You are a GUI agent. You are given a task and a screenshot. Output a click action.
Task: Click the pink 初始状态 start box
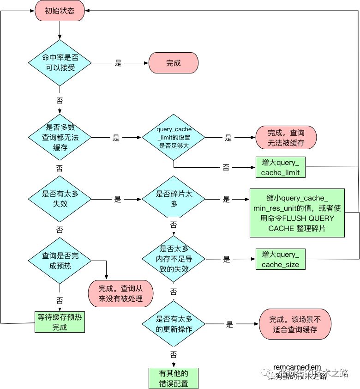60,10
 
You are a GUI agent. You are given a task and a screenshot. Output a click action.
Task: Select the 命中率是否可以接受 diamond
60,63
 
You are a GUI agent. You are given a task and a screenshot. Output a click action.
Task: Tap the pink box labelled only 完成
173,63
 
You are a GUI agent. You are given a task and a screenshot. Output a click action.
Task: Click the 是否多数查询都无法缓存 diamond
60,137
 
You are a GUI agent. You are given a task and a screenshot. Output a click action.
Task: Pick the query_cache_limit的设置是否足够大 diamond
174,137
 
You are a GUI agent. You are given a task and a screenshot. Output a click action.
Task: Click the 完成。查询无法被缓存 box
286,137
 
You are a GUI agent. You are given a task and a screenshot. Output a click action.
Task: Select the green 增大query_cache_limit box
281,167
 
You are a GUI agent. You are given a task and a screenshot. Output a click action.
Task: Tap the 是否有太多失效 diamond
60,199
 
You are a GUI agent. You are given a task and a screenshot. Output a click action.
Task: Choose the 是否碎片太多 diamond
174,199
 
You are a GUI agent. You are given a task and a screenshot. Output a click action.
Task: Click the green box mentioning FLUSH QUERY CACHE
297,212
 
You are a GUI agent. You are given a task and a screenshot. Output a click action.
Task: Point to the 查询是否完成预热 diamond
60,261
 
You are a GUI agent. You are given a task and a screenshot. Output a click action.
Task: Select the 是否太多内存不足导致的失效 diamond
174,259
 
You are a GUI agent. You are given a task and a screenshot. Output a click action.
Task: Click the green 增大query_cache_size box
281,259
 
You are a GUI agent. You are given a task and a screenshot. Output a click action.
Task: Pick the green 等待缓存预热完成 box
60,322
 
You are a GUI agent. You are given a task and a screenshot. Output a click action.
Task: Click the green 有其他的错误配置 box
174,378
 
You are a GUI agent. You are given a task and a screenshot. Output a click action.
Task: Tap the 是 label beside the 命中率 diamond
118,63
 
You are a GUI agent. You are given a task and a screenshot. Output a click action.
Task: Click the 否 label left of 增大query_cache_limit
226,167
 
